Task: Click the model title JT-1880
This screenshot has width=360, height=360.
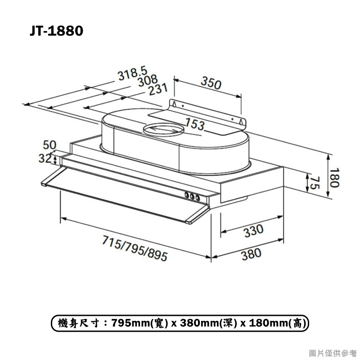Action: point(57,31)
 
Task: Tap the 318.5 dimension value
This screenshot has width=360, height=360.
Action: point(133,73)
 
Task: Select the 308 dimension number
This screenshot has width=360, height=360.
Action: point(148,81)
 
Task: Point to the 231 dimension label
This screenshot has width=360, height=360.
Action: point(158,89)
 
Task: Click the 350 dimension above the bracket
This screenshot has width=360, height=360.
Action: point(211,83)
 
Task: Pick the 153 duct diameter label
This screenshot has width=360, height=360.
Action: point(195,124)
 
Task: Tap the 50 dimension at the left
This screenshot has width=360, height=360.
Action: point(49,145)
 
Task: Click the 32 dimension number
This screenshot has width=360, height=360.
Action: point(45,158)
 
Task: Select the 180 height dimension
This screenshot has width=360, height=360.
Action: point(334,177)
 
